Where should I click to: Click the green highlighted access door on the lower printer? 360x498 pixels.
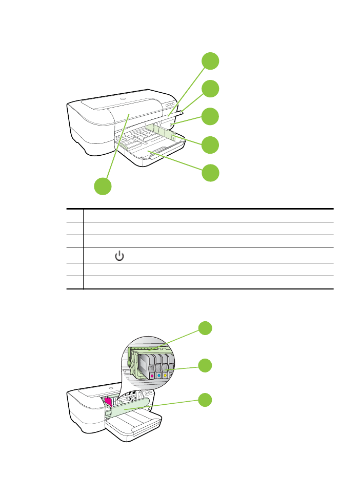pos(128,407)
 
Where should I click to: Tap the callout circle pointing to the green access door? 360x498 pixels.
pos(205,400)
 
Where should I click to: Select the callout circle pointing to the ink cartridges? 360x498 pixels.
pos(205,365)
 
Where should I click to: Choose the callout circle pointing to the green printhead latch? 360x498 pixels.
pos(205,328)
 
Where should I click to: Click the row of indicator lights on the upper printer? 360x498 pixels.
pos(170,103)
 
